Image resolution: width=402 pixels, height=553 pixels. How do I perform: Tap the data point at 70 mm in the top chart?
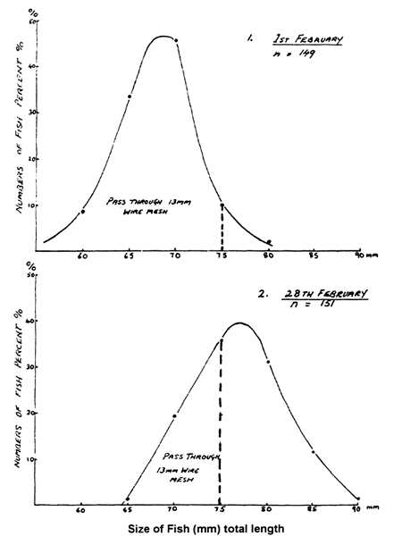click(x=176, y=40)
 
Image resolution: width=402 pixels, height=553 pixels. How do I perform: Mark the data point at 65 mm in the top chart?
click(x=130, y=96)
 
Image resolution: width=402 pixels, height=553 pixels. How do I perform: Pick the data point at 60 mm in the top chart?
click(x=83, y=211)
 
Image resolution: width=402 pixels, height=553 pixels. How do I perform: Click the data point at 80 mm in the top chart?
click(x=269, y=241)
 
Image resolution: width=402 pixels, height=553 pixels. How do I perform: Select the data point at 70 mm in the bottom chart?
click(x=174, y=415)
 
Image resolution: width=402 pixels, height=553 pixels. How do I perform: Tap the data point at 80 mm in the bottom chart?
click(x=267, y=362)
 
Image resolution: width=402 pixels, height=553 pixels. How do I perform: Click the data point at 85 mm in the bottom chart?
click(x=313, y=452)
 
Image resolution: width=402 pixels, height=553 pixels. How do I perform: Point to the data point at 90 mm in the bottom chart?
click(x=358, y=499)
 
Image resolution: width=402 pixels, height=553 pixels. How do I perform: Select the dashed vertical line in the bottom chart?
click(x=220, y=420)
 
